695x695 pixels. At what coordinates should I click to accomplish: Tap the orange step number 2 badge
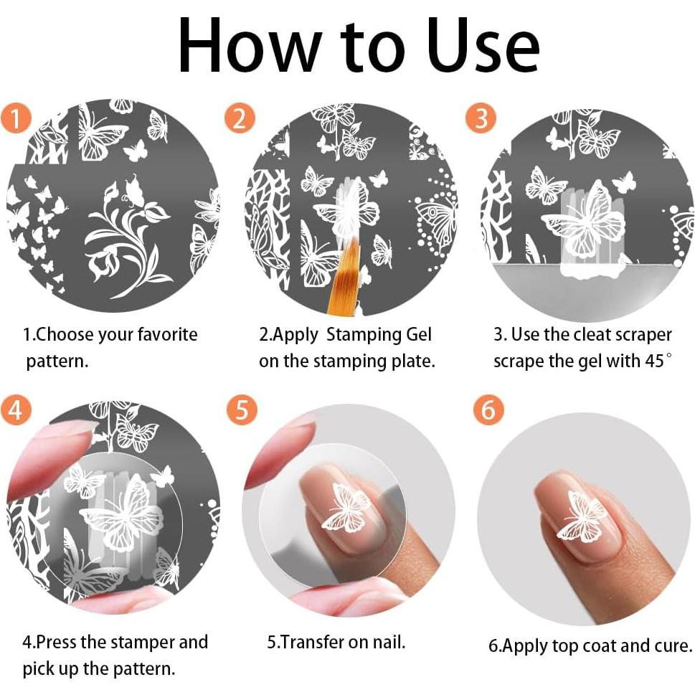pos(240,118)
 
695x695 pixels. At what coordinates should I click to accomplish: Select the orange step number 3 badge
pos(481,118)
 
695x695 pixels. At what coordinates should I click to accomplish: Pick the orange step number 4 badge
pos(16,410)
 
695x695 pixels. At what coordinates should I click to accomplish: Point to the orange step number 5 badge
pos(242,410)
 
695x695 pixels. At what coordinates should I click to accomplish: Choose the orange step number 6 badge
pos(488,410)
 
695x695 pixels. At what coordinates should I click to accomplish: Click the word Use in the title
pos(484,46)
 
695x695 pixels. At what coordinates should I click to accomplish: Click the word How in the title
pos(250,46)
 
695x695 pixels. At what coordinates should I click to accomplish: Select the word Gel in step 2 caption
pos(418,334)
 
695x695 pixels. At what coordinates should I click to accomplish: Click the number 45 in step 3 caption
pos(654,361)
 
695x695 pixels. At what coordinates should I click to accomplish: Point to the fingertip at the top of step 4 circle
pos(53,452)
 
